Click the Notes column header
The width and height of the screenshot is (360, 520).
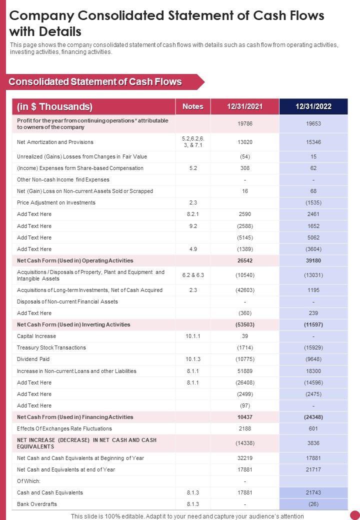tap(192, 106)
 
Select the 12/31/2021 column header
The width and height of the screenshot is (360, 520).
tap(244, 106)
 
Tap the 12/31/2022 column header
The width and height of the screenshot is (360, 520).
tap(313, 106)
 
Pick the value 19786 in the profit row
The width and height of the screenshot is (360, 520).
tap(245, 124)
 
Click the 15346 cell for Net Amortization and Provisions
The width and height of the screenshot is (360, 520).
tap(313, 142)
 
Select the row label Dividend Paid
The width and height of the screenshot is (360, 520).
tap(33, 359)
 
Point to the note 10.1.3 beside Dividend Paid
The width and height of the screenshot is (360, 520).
tap(192, 359)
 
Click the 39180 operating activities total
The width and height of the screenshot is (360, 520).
tap(313, 260)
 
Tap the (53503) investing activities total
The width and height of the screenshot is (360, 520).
tap(245, 324)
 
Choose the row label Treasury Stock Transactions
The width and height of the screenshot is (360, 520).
tap(51, 347)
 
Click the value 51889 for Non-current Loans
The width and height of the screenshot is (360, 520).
tap(245, 371)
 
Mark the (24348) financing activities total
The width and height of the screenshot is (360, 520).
tap(313, 417)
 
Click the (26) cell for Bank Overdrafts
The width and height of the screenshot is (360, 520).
tap(313, 504)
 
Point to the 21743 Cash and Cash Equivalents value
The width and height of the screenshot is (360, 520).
tap(313, 492)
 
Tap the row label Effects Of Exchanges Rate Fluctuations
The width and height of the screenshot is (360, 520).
tap(64, 428)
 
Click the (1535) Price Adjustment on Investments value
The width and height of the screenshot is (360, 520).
tap(313, 202)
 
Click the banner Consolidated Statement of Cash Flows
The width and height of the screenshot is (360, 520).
tap(95, 82)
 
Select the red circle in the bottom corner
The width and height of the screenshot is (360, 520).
tap(354, 514)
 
